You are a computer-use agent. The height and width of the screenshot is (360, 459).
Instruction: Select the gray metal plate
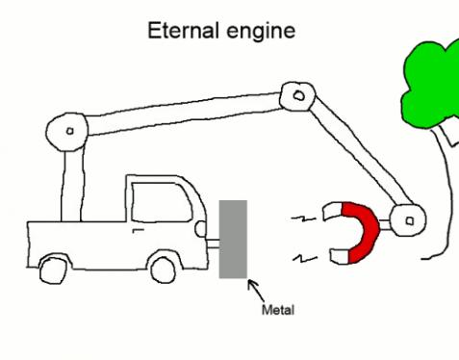click(233, 239)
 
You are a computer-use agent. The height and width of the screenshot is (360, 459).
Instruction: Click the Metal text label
click(278, 311)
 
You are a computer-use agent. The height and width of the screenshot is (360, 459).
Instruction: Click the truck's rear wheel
click(54, 269)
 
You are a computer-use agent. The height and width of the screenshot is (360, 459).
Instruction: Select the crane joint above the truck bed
click(69, 130)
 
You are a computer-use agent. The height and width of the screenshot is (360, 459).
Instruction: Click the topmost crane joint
click(297, 95)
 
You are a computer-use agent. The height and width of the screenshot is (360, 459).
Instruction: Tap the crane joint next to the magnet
click(408, 220)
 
